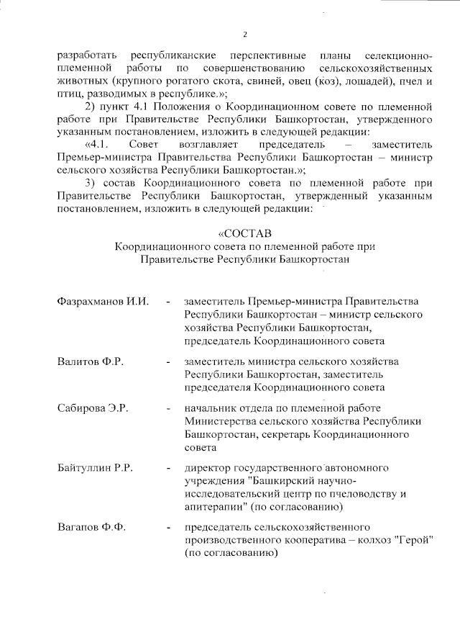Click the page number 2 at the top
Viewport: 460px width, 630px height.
(x=245, y=35)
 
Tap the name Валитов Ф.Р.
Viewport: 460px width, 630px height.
(x=91, y=361)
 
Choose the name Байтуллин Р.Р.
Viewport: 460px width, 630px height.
(x=96, y=469)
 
